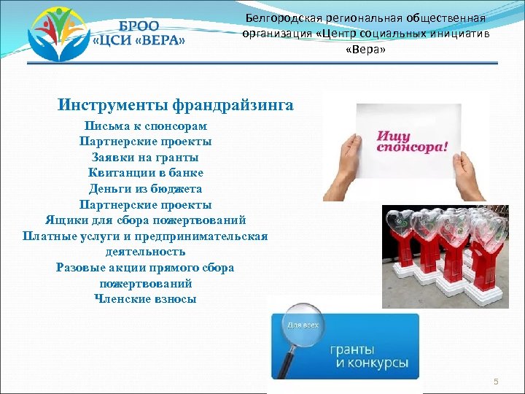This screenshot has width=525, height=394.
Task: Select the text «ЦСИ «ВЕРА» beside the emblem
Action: [139, 40]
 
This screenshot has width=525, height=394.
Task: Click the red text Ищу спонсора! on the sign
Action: [412, 141]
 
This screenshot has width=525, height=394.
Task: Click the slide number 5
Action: [495, 382]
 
